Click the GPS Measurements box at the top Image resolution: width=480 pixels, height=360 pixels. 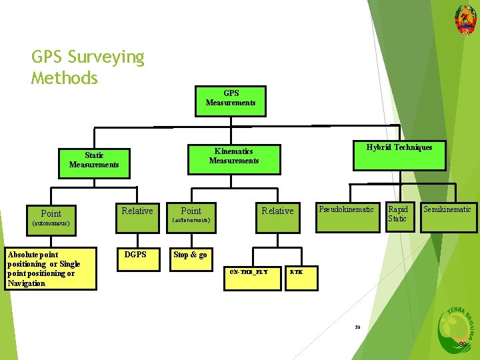[230, 98]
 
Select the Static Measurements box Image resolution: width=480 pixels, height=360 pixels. [94, 160]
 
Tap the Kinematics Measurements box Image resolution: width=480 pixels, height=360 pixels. [233, 156]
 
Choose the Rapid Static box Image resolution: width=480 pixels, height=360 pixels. [399, 214]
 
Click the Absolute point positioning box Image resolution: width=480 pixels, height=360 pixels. [50, 269]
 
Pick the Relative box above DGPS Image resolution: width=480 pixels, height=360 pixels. [137, 211]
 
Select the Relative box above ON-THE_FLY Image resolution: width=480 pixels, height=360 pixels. [277, 211]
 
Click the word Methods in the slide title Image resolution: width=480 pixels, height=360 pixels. [65, 78]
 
